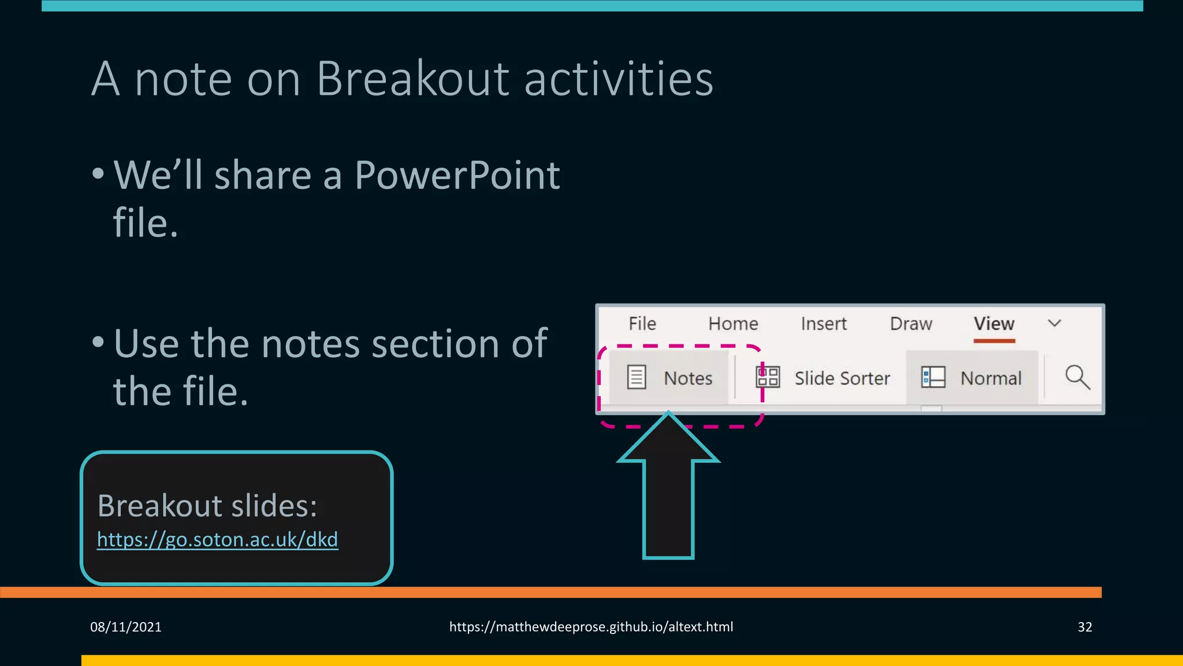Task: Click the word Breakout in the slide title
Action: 412,79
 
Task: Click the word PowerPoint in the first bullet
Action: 457,175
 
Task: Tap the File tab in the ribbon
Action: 642,324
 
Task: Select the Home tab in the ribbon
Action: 733,324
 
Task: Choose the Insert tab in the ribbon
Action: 823,324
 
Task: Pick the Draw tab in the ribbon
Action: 911,324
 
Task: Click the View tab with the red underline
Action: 994,324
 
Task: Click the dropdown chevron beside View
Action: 1054,323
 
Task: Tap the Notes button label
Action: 687,378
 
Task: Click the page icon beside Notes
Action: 637,378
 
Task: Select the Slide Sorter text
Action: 842,378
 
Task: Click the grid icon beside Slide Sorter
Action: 768,378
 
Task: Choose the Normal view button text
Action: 991,378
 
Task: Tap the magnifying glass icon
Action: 1077,378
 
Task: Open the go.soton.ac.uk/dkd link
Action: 217,539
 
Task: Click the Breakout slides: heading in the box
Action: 207,506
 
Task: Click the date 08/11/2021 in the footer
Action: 126,627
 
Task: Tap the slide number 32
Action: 1084,627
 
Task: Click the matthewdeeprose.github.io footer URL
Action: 591,627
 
